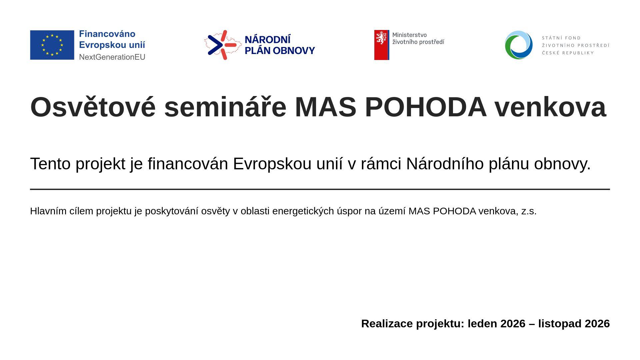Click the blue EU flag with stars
coord(52,45)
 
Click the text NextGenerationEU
coord(112,57)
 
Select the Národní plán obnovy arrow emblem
coord(223,45)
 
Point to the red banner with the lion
coord(382,45)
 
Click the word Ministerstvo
coord(409,35)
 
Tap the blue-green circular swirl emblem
coord(519,45)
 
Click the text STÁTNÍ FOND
coord(561,38)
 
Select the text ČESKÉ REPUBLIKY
coord(568,53)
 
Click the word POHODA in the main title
coord(426,107)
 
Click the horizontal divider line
coord(320,189)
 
